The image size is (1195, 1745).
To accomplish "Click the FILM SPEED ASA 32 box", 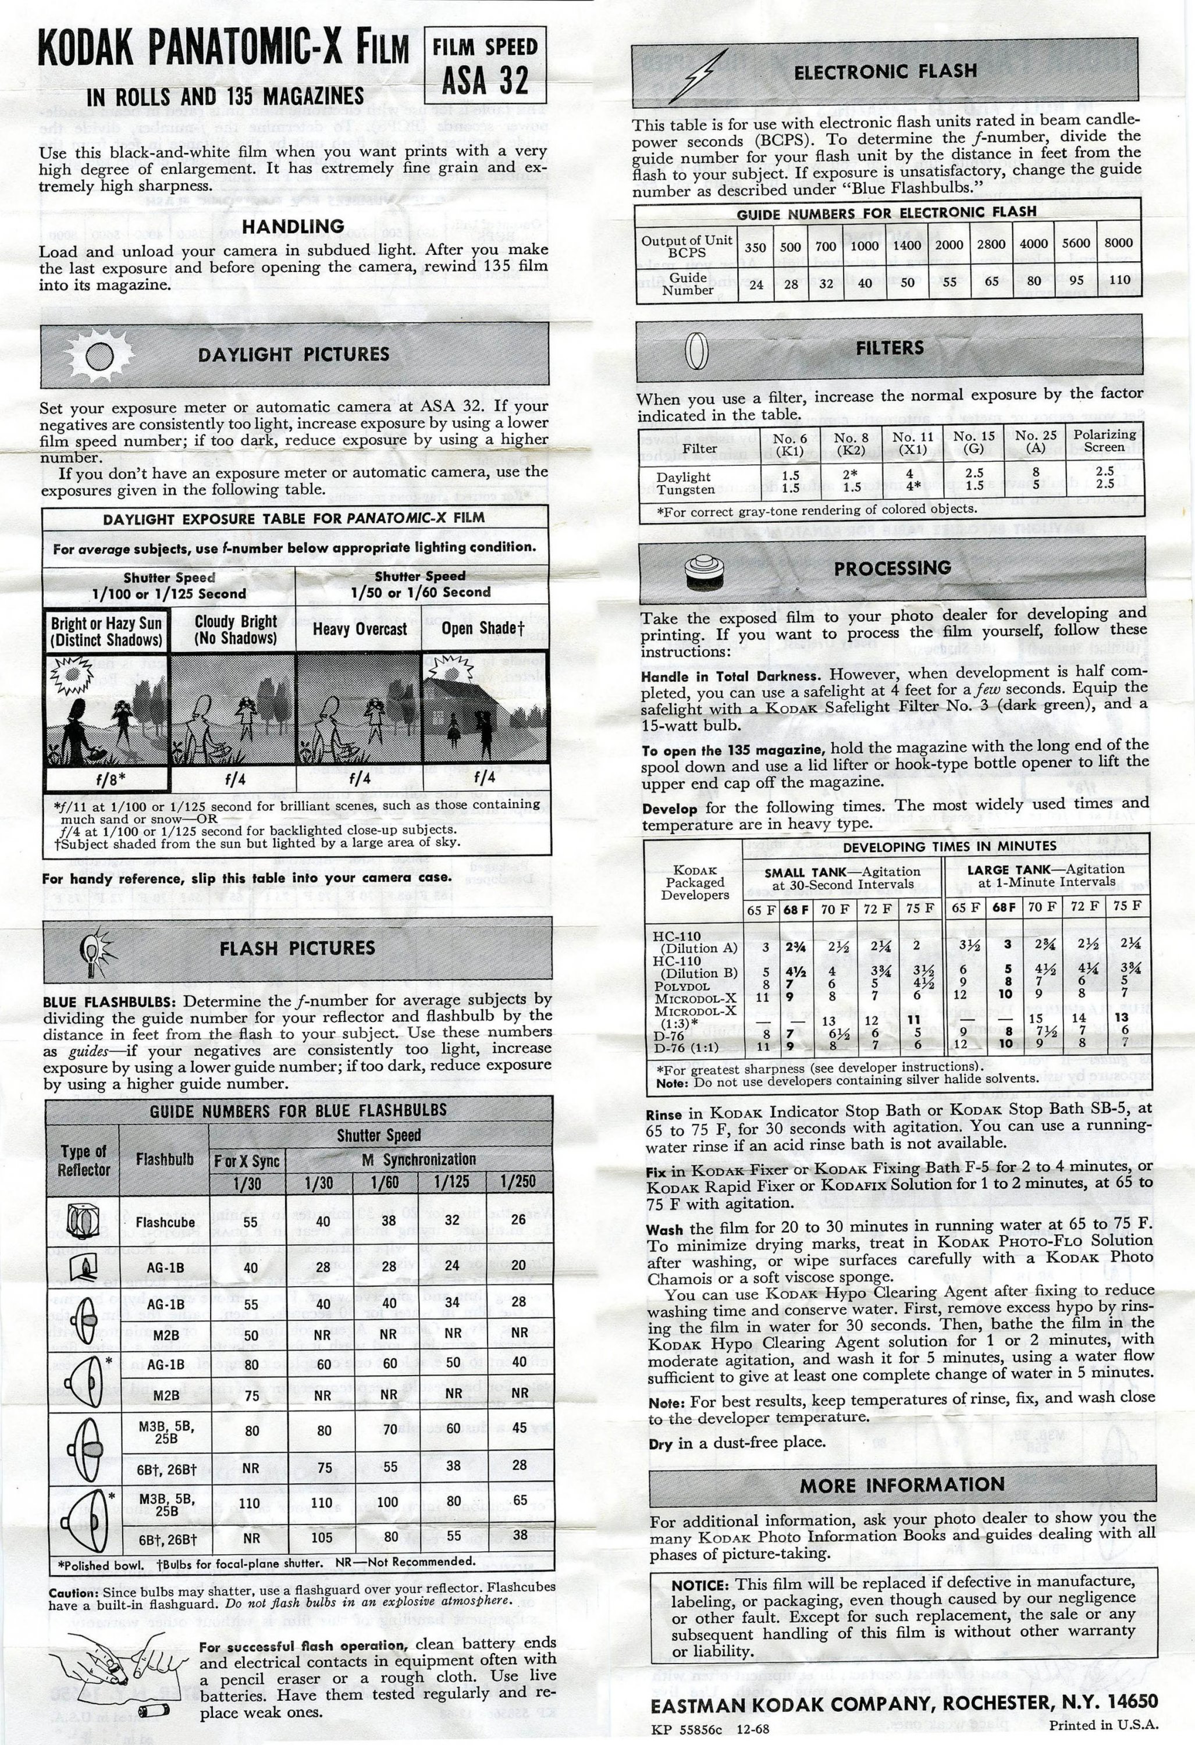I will click(485, 65).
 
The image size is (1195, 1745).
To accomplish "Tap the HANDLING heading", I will click(293, 226).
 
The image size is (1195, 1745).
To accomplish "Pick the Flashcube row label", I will click(165, 1221).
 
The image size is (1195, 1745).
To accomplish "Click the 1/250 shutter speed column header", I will click(518, 1182).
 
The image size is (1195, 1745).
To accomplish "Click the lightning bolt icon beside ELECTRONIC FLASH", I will click(698, 74).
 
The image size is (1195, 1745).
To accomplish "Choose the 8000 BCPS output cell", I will click(1118, 243).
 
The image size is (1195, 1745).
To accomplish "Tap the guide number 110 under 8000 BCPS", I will click(1118, 280).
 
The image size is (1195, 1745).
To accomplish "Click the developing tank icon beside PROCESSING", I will click(707, 572).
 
